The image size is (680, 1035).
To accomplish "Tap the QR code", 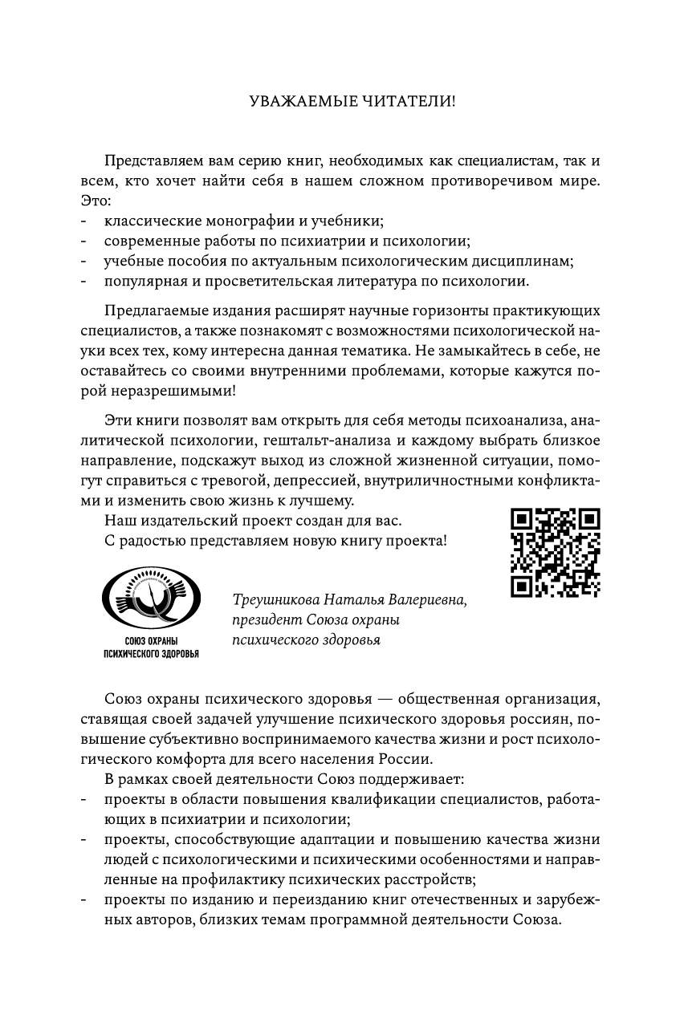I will tap(555, 553).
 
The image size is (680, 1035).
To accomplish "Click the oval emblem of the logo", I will tap(150, 601).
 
